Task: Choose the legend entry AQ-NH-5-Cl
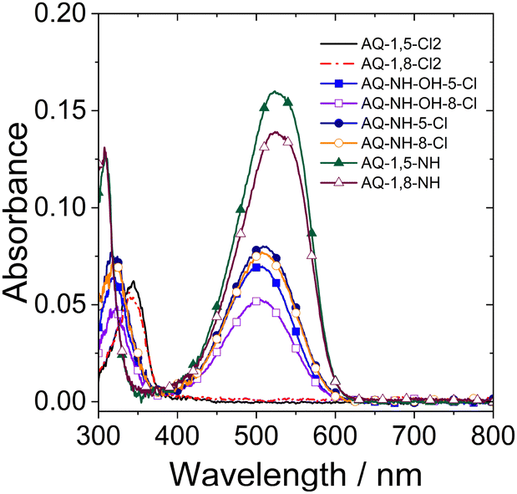pos(404,123)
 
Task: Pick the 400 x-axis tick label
pos(177,435)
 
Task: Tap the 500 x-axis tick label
pos(256,435)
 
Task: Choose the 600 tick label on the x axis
pos(336,435)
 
